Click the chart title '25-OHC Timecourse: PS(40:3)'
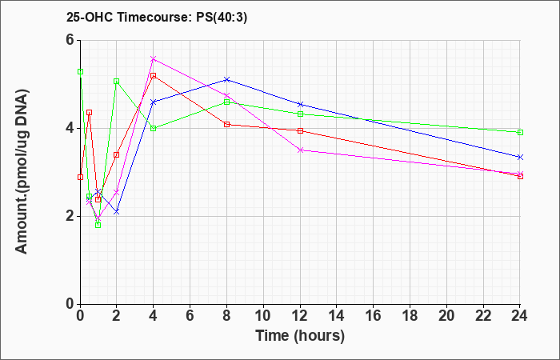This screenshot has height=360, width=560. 157,18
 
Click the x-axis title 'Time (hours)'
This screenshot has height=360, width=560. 300,336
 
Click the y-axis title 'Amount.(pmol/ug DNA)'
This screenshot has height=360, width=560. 22,171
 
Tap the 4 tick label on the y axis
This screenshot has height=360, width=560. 70,128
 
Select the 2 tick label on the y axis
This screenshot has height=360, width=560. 70,216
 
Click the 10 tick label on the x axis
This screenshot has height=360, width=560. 263,315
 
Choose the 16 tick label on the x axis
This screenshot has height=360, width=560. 374,315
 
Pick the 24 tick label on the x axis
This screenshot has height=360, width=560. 520,315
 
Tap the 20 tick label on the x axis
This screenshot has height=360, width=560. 446,315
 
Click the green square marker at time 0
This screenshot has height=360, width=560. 80,71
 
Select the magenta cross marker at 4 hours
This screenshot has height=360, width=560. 154,59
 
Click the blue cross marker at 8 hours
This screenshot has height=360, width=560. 226,79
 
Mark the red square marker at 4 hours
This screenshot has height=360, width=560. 154,76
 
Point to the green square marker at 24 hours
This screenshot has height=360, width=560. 520,133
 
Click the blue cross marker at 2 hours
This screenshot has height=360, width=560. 117,212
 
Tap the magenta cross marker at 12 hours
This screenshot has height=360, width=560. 301,150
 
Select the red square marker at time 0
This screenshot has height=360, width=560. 80,177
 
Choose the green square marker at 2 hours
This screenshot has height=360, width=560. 117,82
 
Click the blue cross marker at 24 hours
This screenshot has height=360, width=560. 520,157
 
